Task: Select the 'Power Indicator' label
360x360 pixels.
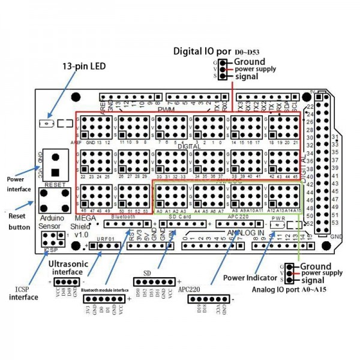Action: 248,278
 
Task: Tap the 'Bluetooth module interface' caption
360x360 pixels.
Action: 105,291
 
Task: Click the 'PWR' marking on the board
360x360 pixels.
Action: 278,219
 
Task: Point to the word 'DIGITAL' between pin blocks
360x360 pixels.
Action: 190,146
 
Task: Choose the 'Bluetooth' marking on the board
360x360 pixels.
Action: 123,217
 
